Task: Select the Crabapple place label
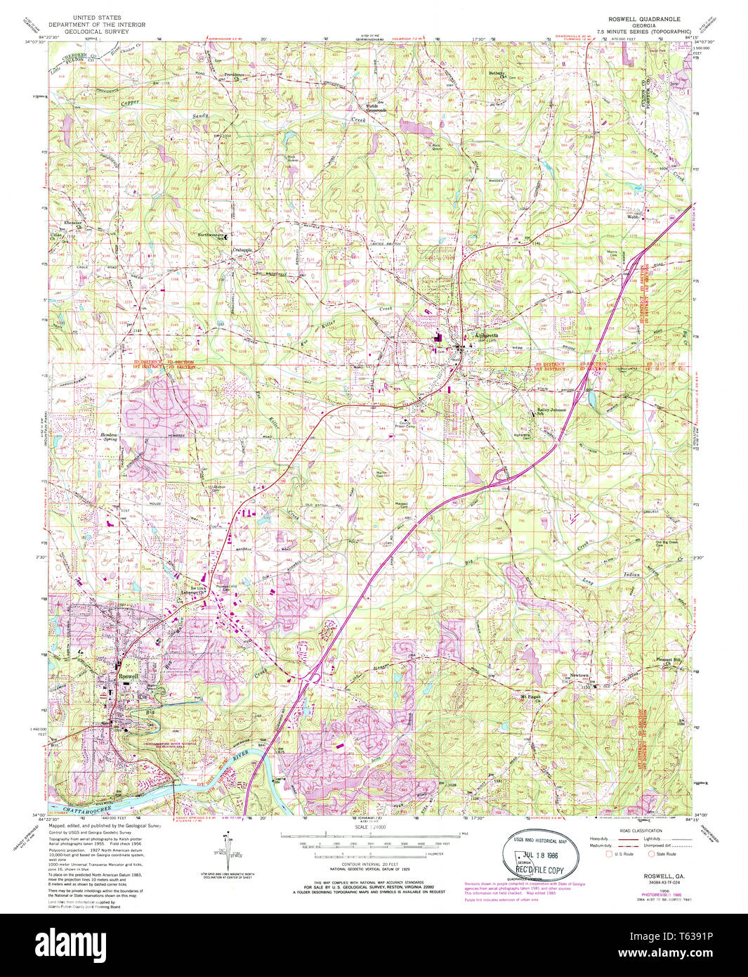click(243, 250)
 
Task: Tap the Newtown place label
click(579, 675)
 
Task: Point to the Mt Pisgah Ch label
click(533, 698)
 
